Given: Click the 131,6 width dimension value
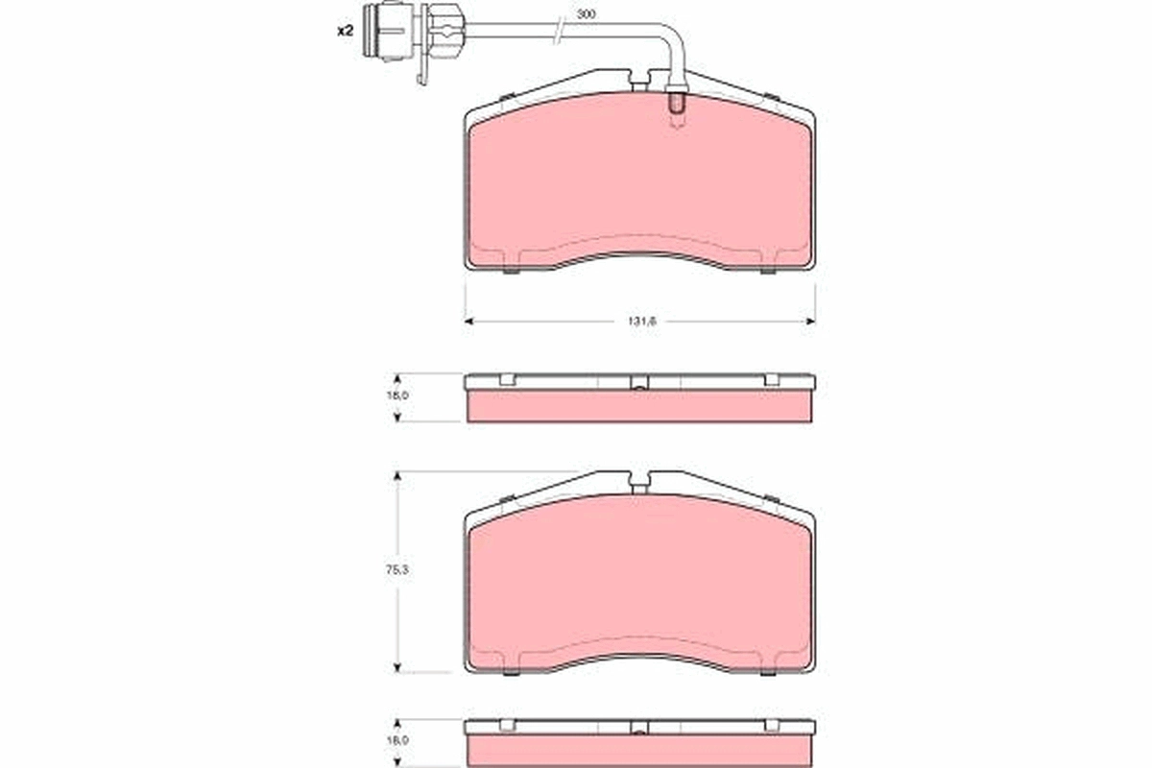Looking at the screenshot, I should (640, 322).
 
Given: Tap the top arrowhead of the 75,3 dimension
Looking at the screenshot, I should (396, 475).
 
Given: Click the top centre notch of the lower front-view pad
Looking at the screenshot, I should (640, 479).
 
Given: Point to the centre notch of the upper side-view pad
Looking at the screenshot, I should (640, 384).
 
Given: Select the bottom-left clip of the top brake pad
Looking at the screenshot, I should (510, 270).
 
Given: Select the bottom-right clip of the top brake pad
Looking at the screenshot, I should (768, 270).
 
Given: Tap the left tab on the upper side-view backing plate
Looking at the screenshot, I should (508, 380).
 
